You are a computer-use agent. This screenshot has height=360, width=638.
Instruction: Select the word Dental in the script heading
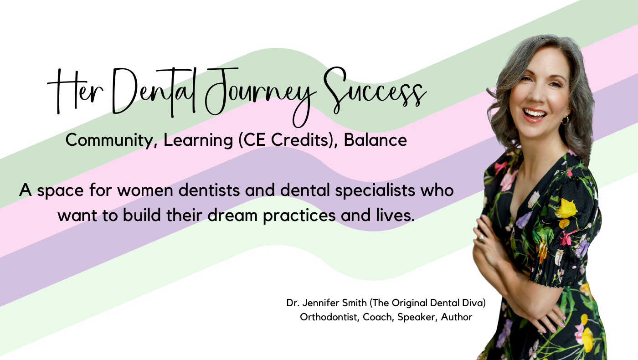(x=154, y=92)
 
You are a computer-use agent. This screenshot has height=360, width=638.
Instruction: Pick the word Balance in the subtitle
(x=376, y=140)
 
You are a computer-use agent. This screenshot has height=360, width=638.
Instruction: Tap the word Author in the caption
(x=457, y=317)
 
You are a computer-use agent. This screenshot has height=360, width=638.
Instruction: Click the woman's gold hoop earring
(x=565, y=120)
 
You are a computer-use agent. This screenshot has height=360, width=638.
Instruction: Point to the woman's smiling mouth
(x=534, y=114)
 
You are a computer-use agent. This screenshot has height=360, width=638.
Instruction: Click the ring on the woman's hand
(x=481, y=238)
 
